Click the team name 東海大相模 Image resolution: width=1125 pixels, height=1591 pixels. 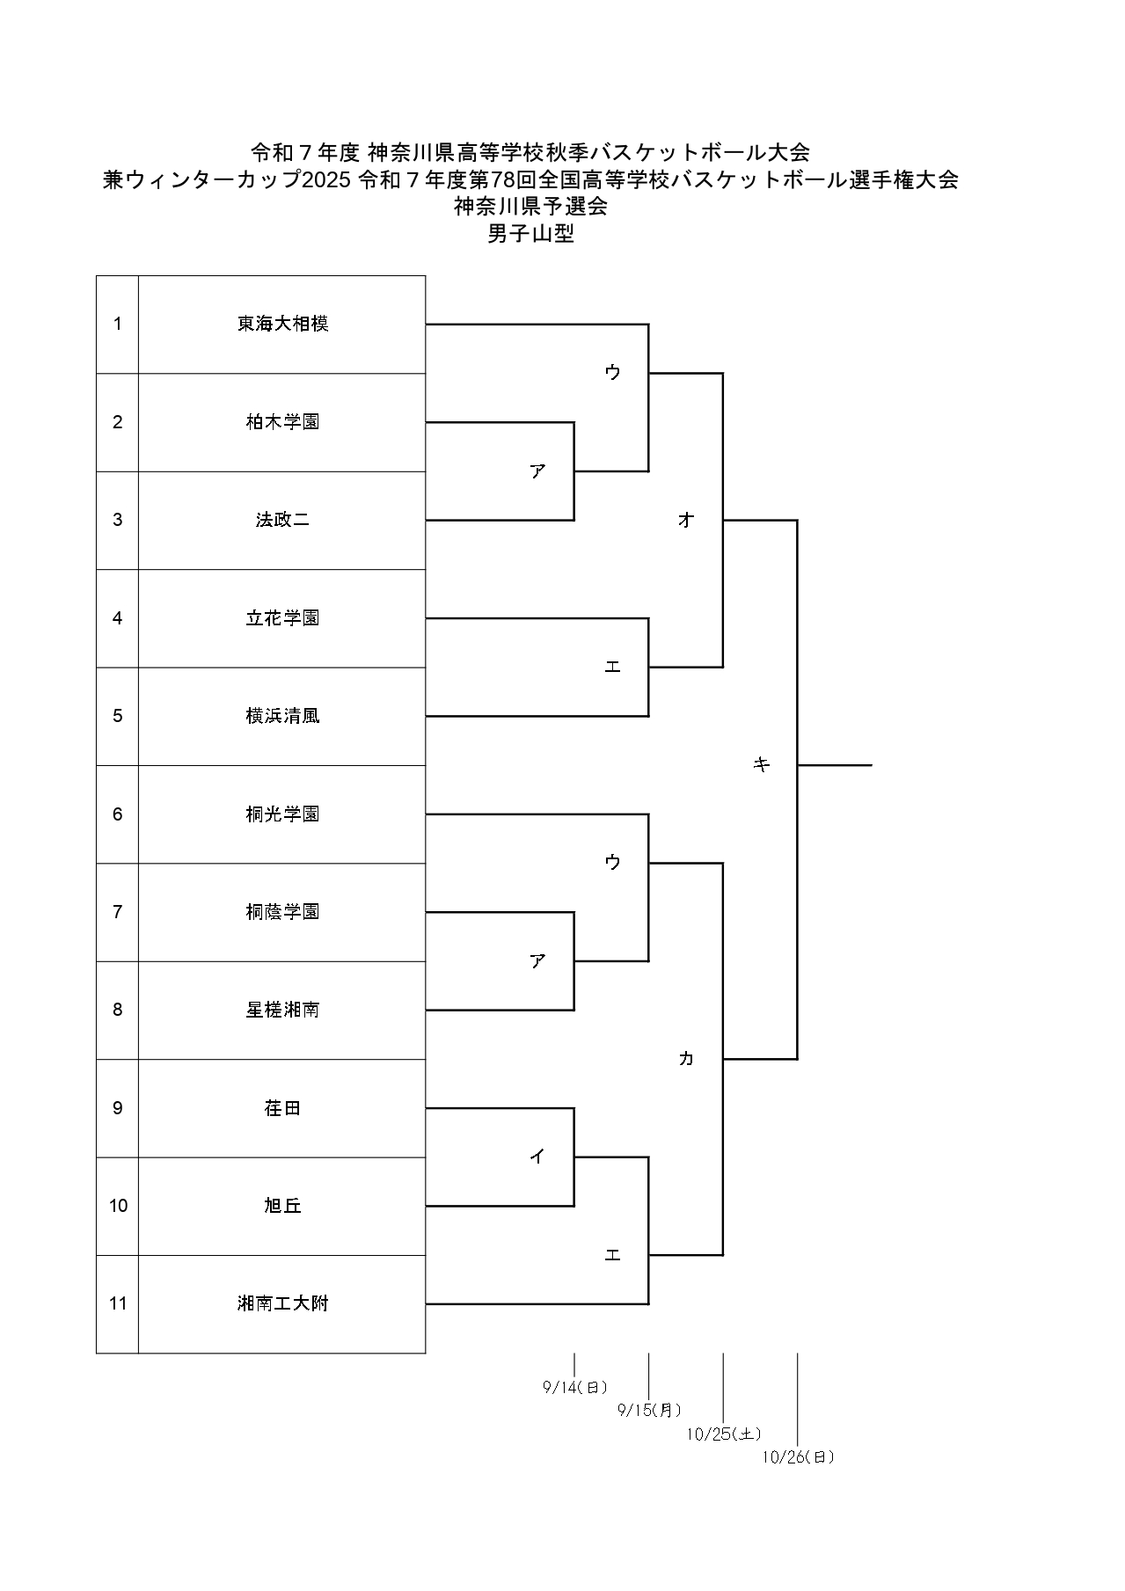pyautogui.click(x=282, y=324)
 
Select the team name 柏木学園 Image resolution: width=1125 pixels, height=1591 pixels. pyautogui.click(x=282, y=422)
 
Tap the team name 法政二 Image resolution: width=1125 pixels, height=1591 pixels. pyautogui.click(x=282, y=520)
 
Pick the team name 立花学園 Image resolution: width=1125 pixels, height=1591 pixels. pyautogui.click(x=282, y=618)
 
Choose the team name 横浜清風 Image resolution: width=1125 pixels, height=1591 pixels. pyautogui.click(x=282, y=716)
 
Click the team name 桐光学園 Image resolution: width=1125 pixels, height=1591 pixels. pyautogui.click(x=282, y=814)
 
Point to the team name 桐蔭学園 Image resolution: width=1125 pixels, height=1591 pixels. pyautogui.click(x=282, y=912)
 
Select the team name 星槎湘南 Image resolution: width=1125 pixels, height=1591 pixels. pyautogui.click(x=282, y=1010)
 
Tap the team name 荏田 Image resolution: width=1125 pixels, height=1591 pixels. pyautogui.click(x=282, y=1108)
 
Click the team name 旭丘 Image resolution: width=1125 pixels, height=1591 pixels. pyautogui.click(x=282, y=1206)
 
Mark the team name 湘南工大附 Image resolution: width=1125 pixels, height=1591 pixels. pyautogui.click(x=282, y=1303)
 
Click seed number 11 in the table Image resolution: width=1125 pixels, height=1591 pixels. pyautogui.click(x=118, y=1303)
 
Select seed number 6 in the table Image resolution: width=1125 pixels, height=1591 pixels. pyautogui.click(x=118, y=814)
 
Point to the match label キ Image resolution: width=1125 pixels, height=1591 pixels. pyautogui.click(x=762, y=765)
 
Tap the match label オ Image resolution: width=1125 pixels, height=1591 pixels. pyautogui.click(x=686, y=520)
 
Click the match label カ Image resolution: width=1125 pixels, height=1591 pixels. pyautogui.click(x=686, y=1059)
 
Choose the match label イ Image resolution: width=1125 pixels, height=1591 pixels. pyautogui.click(x=537, y=1157)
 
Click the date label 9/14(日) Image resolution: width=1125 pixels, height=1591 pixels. pyautogui.click(x=575, y=1388)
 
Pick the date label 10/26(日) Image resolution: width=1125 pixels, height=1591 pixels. pyautogui.click(x=798, y=1457)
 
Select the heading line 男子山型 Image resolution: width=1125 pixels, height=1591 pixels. pyautogui.click(x=530, y=234)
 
